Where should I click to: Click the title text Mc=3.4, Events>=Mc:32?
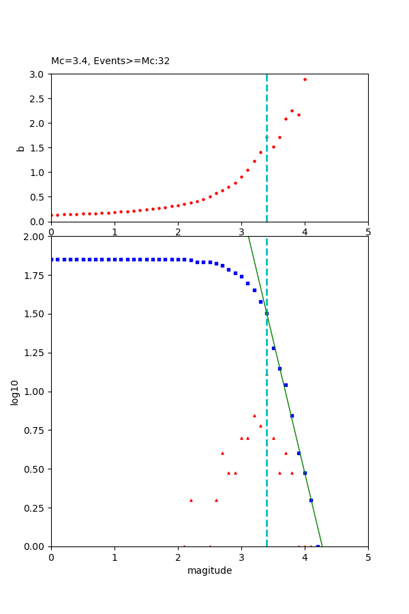pos(110,61)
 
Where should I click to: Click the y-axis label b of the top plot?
pos(20,148)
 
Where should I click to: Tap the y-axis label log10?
pos(15,392)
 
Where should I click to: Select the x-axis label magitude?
pos(209,571)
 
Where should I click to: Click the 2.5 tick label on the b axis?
pos(37,99)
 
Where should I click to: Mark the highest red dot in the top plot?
pos(305,79)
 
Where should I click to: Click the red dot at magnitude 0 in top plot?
pos(52,215)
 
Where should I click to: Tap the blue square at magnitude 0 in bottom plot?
pos(52,259)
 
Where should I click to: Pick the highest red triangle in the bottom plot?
pos(254,415)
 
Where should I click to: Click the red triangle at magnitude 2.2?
pos(191,500)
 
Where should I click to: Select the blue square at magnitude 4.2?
pos(318,546)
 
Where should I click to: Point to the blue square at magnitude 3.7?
pos(286,385)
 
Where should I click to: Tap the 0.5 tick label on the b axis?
pos(37,197)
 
